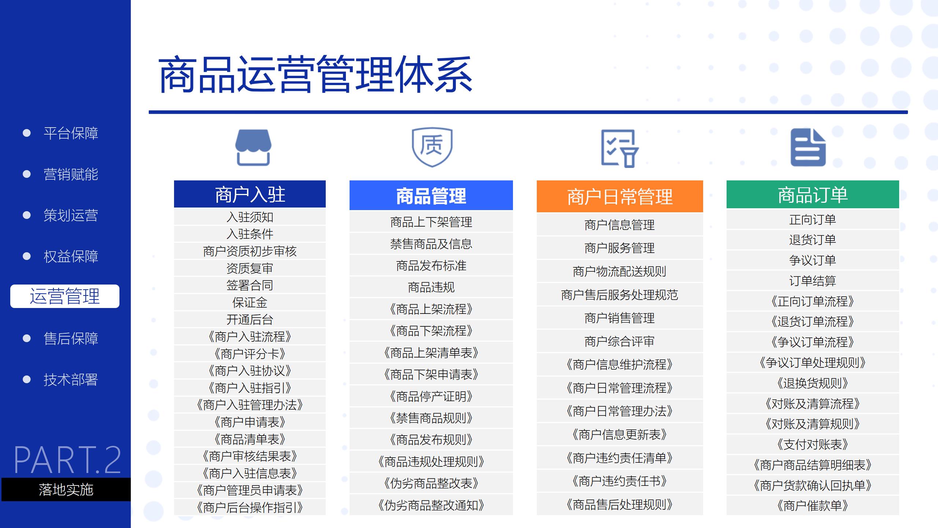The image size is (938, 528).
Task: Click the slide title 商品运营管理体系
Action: click(315, 74)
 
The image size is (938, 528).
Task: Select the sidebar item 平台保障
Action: click(71, 133)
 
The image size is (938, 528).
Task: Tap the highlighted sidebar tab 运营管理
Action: click(65, 296)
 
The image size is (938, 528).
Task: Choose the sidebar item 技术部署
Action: click(71, 379)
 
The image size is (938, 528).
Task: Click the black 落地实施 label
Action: click(66, 489)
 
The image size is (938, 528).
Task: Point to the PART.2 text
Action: click(67, 460)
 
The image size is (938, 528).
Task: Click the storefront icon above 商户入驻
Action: click(253, 147)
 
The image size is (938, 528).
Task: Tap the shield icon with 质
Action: click(432, 147)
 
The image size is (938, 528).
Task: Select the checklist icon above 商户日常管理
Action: click(620, 148)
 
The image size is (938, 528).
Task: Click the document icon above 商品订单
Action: click(808, 147)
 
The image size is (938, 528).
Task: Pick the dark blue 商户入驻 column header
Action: click(250, 194)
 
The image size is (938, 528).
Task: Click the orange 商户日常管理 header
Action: click(620, 196)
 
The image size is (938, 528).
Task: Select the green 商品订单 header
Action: click(813, 194)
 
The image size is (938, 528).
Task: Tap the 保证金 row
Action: click(250, 302)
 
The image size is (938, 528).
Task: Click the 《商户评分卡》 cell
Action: click(250, 354)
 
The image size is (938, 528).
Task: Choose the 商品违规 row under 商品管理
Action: click(431, 287)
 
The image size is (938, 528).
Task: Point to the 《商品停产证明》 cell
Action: click(431, 396)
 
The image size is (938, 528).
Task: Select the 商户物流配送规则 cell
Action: click(620, 271)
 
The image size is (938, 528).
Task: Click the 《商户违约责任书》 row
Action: click(620, 481)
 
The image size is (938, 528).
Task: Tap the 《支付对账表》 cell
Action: click(813, 444)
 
